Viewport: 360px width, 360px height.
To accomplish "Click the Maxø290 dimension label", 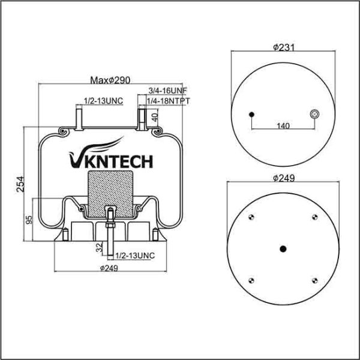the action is (110, 80).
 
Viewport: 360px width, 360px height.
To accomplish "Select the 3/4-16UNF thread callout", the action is (168, 91).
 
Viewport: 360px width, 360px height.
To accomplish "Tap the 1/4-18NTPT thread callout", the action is (168, 101).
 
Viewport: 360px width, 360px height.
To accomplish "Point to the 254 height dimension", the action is (20, 184).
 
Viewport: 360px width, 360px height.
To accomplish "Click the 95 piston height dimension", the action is (29, 220).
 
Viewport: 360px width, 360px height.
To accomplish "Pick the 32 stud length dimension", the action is (100, 248).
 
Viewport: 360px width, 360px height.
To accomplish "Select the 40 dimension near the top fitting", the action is (155, 118).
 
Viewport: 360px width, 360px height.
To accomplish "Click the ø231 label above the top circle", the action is (284, 47).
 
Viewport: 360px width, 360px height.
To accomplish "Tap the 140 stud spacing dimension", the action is (283, 126).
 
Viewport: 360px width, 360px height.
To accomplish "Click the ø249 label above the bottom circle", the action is (284, 178).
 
